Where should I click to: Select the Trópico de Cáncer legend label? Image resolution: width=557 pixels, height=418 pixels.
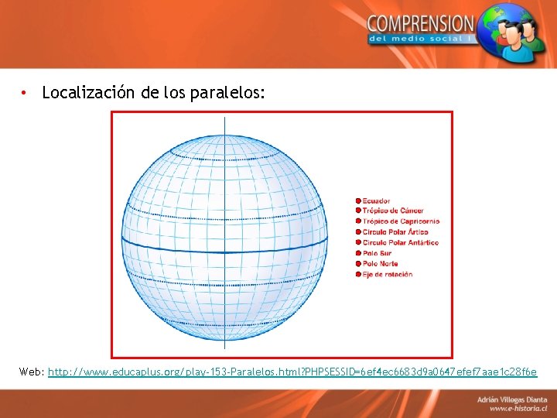coord(393,211)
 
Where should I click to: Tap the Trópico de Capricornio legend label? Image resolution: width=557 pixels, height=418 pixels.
coord(401,221)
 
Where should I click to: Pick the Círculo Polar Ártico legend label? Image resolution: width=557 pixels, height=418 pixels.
coord(395,232)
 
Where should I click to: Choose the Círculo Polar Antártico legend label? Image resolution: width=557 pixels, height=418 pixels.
coord(400,242)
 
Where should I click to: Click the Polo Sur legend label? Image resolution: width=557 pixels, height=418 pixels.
coord(377,253)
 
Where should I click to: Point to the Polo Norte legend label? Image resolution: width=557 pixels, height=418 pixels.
coord(380,264)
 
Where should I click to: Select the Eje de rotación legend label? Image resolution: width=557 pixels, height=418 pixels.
coord(387,274)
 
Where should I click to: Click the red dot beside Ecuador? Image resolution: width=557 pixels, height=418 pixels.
coord(358,201)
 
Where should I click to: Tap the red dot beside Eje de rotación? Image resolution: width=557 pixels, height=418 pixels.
coord(358,274)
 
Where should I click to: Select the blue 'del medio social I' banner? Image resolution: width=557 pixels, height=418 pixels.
coord(422,39)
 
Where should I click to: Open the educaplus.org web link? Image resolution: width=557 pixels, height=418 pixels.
coord(292,372)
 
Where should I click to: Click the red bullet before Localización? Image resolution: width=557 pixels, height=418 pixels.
coord(26,93)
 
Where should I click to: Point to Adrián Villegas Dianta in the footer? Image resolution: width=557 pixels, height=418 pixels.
coord(511,398)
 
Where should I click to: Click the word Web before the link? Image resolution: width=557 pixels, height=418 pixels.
coord(31,372)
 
